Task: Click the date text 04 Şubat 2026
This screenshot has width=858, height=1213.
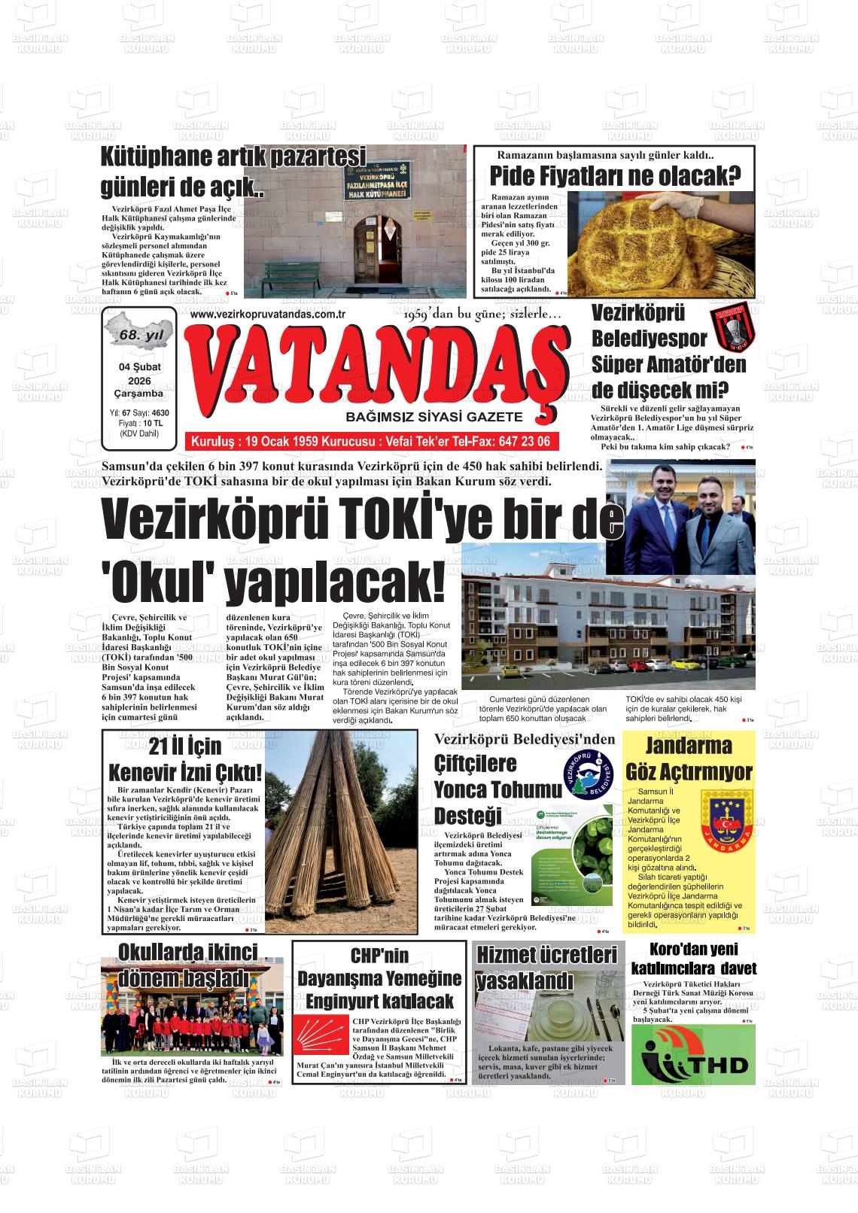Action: pyautogui.click(x=139, y=373)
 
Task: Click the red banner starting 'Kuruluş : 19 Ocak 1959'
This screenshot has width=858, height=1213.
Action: pyautogui.click(x=371, y=441)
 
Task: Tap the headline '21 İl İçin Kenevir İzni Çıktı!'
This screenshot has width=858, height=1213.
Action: pyautogui.click(x=184, y=759)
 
